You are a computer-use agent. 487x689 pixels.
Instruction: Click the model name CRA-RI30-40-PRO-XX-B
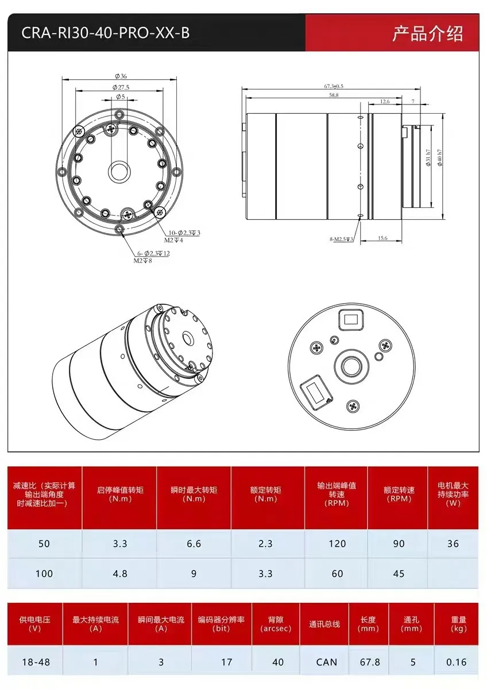pos(105,33)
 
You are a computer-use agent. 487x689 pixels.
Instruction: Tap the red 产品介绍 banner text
pos(427,33)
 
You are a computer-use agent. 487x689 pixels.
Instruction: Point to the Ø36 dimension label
pos(121,76)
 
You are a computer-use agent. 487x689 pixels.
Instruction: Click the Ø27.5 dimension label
pos(121,87)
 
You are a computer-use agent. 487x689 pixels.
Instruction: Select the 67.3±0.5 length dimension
pos(333,86)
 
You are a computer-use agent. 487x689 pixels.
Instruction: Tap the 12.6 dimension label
pos(384,102)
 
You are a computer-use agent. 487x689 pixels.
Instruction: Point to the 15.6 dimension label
pos(382,238)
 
